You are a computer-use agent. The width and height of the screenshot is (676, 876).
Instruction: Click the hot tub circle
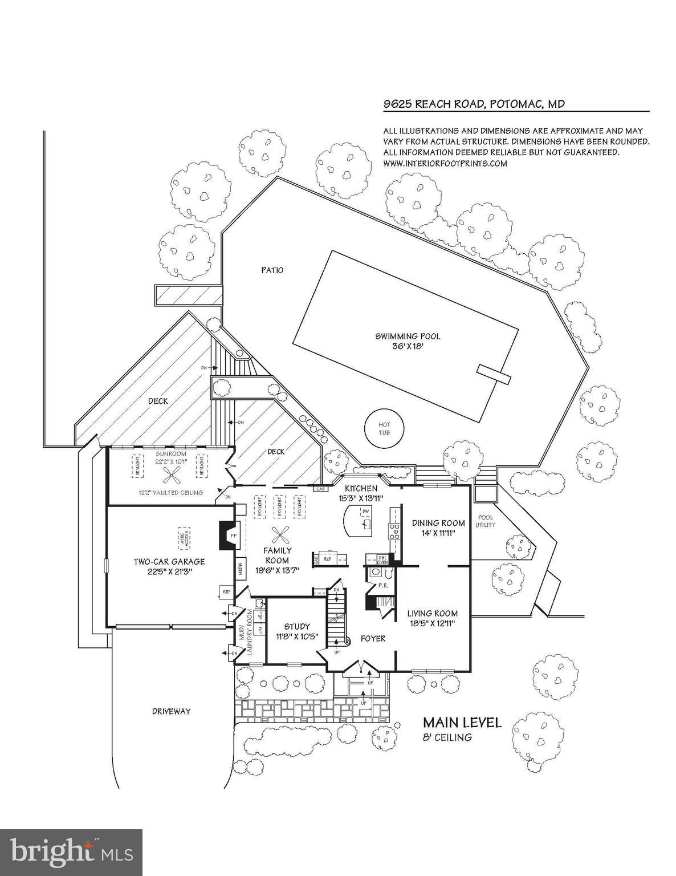[384, 429]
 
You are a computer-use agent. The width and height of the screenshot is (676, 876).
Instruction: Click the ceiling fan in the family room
[279, 534]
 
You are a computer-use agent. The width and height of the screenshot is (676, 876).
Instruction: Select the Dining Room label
[438, 522]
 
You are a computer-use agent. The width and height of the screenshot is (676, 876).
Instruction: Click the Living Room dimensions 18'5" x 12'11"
[432, 623]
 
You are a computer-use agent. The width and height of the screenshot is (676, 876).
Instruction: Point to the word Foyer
[373, 638]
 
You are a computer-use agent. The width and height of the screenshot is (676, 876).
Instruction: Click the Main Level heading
[462, 723]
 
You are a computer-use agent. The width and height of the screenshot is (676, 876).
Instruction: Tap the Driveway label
[171, 711]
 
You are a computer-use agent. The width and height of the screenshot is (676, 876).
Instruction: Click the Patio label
[272, 270]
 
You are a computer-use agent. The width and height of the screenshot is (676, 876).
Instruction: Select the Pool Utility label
[486, 521]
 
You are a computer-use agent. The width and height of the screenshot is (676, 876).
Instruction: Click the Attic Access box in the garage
[184, 537]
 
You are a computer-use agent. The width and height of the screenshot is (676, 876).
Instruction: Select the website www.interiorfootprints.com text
[445, 163]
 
